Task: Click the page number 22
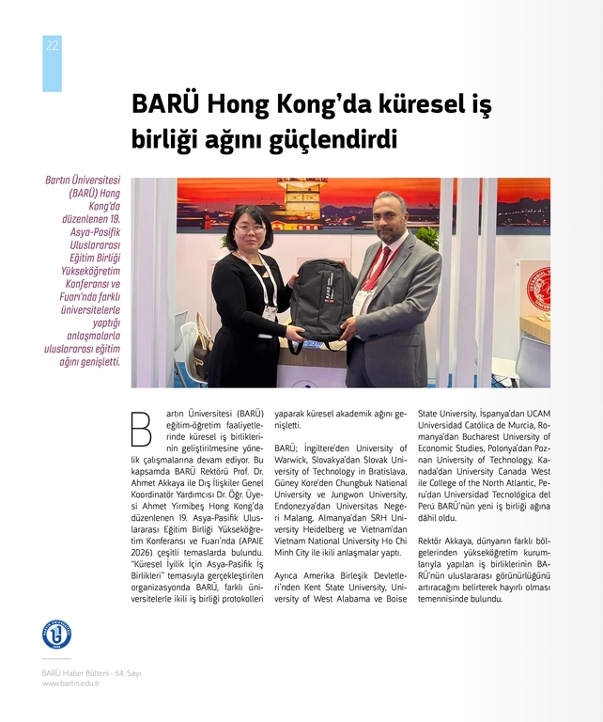pyautogui.click(x=52, y=46)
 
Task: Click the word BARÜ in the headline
pyautogui.click(x=165, y=102)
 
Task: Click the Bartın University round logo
pyautogui.click(x=56, y=634)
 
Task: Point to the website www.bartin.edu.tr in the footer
pyautogui.click(x=70, y=683)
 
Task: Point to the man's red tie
pyautogui.click(x=378, y=269)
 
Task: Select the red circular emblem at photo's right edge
pyautogui.click(x=539, y=289)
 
